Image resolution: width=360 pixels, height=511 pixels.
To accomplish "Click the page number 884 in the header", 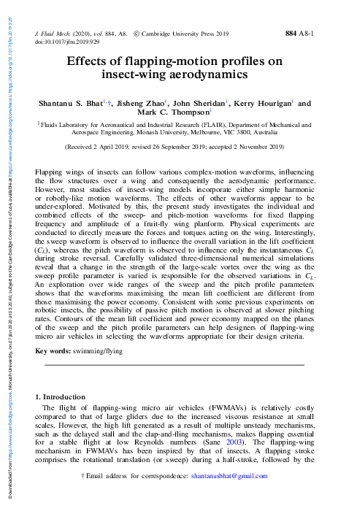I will (291, 34).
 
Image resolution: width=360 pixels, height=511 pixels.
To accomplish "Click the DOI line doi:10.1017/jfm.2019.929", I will (67, 42).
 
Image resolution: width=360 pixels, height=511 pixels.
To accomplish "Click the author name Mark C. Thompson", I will (178, 113).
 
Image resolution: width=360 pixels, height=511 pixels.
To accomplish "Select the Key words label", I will (50, 350).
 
